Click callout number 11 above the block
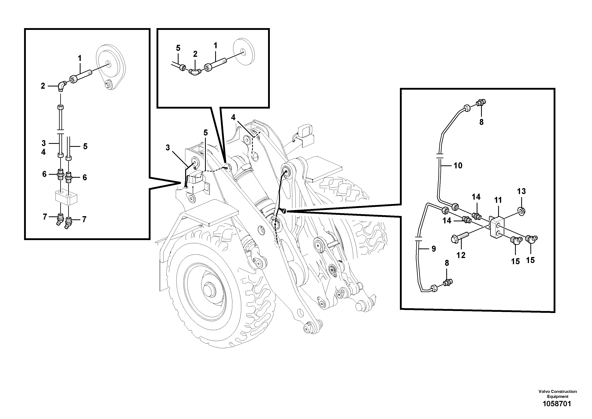[x=498, y=200]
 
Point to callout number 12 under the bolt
[x=461, y=255]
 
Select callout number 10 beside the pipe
[x=458, y=166]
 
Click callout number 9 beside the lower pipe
[x=434, y=249]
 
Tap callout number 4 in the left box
[x=43, y=152]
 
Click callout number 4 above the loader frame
[x=233, y=118]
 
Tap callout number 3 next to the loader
[x=168, y=148]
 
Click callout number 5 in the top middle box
[x=178, y=48]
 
